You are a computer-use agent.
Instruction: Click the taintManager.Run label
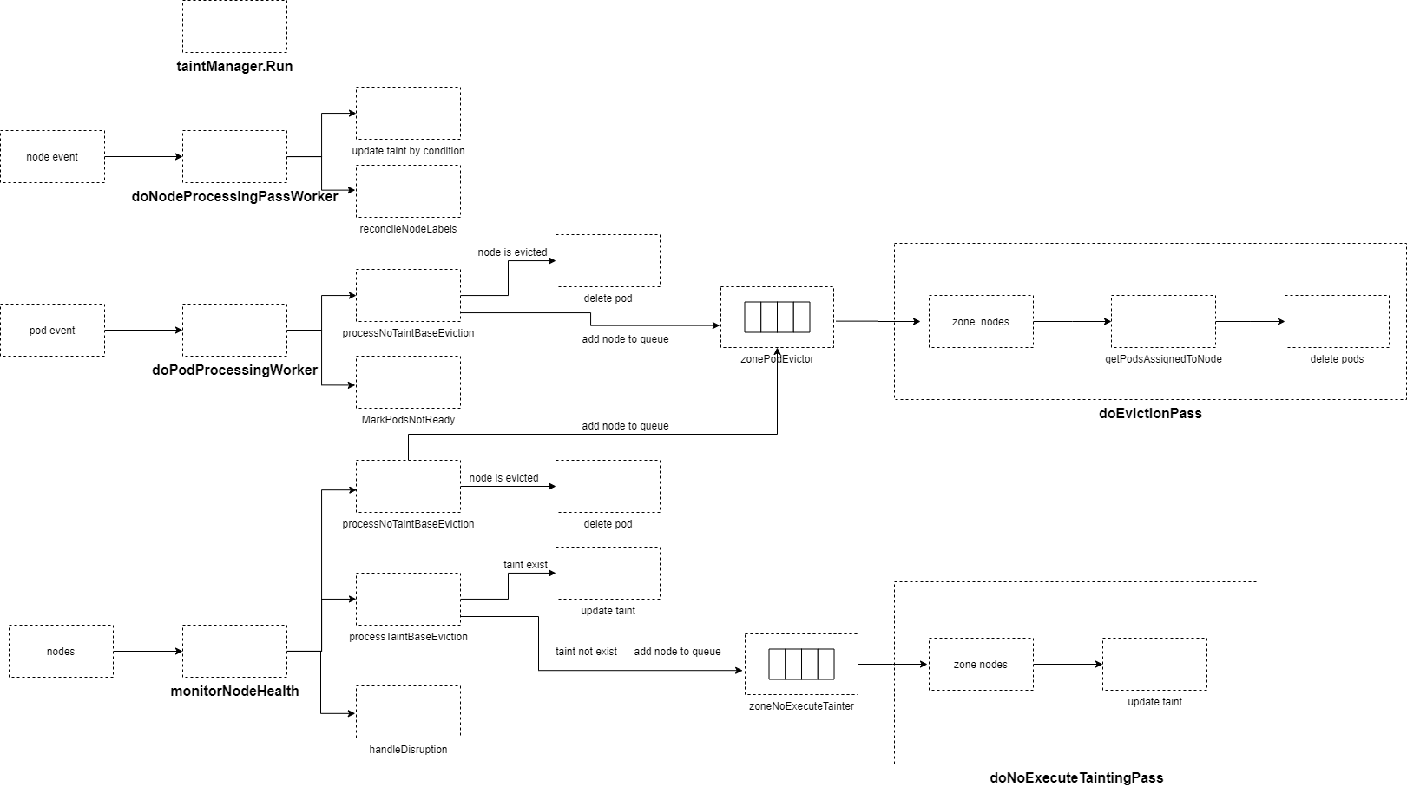(234, 66)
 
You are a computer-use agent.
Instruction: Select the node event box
(52, 157)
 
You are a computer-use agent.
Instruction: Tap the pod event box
(52, 331)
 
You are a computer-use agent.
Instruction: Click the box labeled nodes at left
(61, 652)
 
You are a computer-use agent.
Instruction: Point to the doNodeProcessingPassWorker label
(234, 196)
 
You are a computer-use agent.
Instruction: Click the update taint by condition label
(408, 151)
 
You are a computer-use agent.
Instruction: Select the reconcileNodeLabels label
(408, 229)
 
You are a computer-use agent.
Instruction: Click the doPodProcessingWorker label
(234, 370)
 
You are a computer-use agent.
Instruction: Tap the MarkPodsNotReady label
(408, 420)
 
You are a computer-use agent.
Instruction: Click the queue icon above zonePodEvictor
(777, 318)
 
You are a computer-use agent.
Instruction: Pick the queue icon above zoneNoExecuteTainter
(801, 665)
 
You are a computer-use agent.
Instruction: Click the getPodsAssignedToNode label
(1163, 359)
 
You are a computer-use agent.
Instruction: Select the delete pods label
(1337, 359)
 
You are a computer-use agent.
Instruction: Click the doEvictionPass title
(1150, 413)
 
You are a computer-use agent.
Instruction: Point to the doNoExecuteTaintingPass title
(1076, 777)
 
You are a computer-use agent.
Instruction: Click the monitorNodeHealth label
(234, 691)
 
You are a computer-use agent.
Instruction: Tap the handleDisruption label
(408, 750)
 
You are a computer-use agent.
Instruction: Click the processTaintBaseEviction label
(408, 637)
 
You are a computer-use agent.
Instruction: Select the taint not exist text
(586, 652)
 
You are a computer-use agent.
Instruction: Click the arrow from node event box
(143, 157)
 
